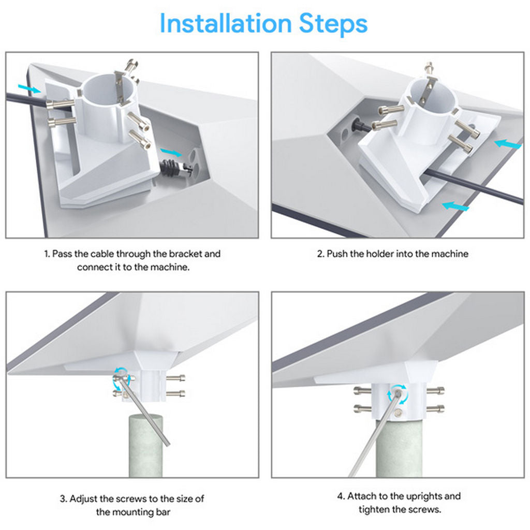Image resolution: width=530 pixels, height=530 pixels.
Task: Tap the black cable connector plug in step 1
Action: click(170, 168)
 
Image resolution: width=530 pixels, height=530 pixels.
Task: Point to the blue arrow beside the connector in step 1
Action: click(171, 151)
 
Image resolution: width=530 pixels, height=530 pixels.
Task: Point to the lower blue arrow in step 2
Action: click(455, 207)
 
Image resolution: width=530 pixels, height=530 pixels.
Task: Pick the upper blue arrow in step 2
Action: click(508, 143)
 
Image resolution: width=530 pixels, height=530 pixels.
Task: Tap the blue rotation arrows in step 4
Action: click(398, 393)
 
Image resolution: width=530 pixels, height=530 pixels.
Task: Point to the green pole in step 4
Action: click(399, 450)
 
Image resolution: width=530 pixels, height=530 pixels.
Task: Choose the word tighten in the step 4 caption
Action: click(375, 509)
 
